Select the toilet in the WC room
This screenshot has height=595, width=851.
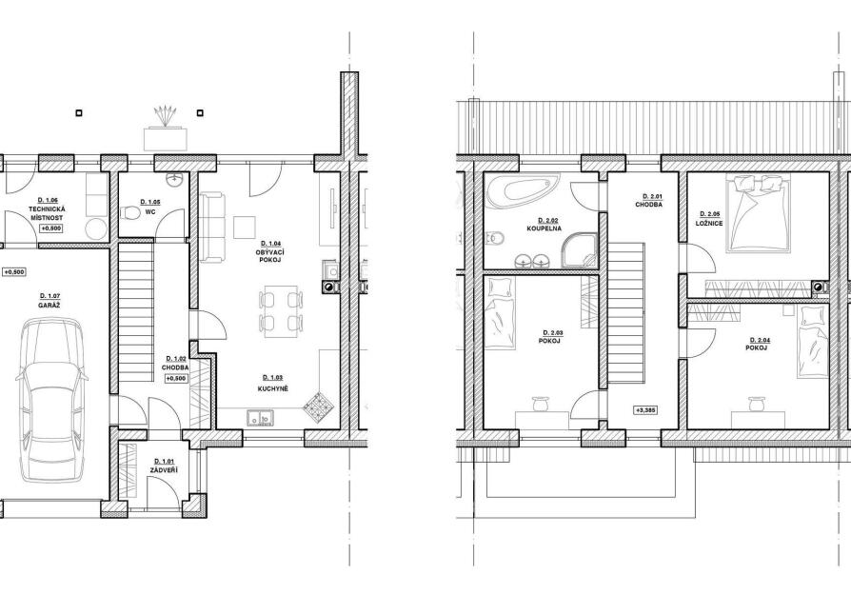[x=130, y=213]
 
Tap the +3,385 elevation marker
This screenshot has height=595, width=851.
[x=645, y=410]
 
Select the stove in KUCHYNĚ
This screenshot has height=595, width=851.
[x=316, y=407]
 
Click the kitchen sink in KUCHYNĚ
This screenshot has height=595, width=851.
[x=261, y=416]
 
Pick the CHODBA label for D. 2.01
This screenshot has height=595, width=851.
[x=648, y=205]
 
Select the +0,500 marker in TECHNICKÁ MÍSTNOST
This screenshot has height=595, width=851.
[x=51, y=228]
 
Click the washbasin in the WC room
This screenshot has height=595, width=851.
[x=175, y=180]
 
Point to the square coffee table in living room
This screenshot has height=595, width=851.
[x=245, y=227]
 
